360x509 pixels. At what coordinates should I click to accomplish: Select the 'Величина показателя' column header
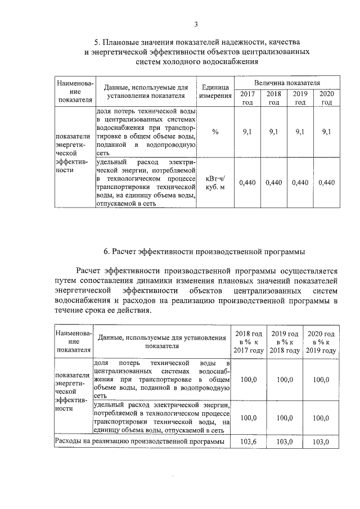point(287,82)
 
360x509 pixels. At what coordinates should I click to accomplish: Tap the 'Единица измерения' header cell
point(215,91)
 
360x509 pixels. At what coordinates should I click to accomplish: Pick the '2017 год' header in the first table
point(247,98)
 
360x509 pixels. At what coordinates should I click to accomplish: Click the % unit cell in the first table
point(215,132)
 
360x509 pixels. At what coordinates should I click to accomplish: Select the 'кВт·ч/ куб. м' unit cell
point(215,182)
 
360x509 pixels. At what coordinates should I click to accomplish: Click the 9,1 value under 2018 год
point(274,132)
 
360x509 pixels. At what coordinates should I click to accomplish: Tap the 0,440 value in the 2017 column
point(247,182)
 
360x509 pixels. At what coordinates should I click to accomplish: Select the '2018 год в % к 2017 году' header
point(248,341)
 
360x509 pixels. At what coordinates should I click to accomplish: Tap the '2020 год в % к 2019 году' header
point(321,341)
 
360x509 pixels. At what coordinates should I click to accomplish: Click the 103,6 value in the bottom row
point(248,442)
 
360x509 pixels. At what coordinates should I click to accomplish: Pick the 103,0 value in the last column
point(321,442)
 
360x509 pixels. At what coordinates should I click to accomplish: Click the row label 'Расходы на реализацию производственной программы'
point(139,442)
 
